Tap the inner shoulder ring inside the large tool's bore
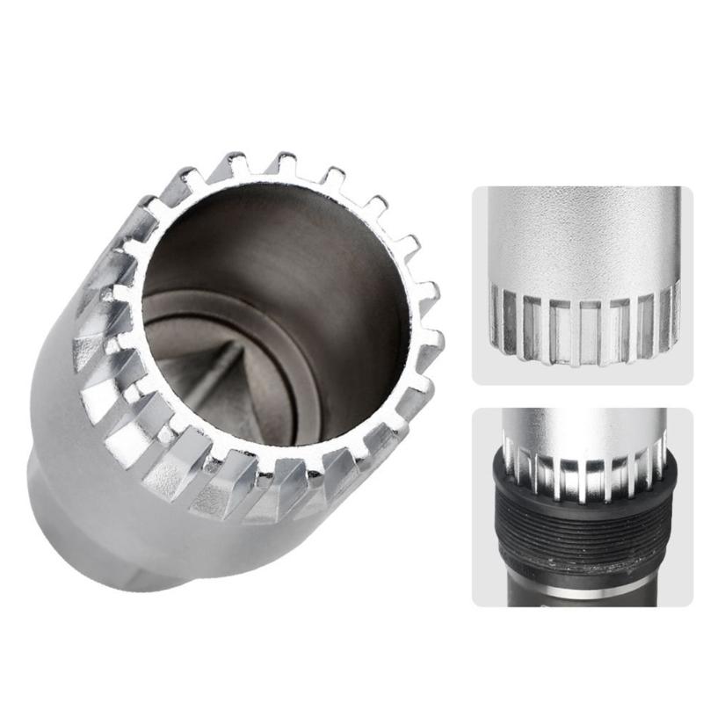click(x=176, y=303)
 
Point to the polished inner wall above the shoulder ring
click(x=290, y=237)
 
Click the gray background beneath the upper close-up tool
click(x=580, y=369)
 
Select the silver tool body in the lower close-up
click(x=580, y=431)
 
